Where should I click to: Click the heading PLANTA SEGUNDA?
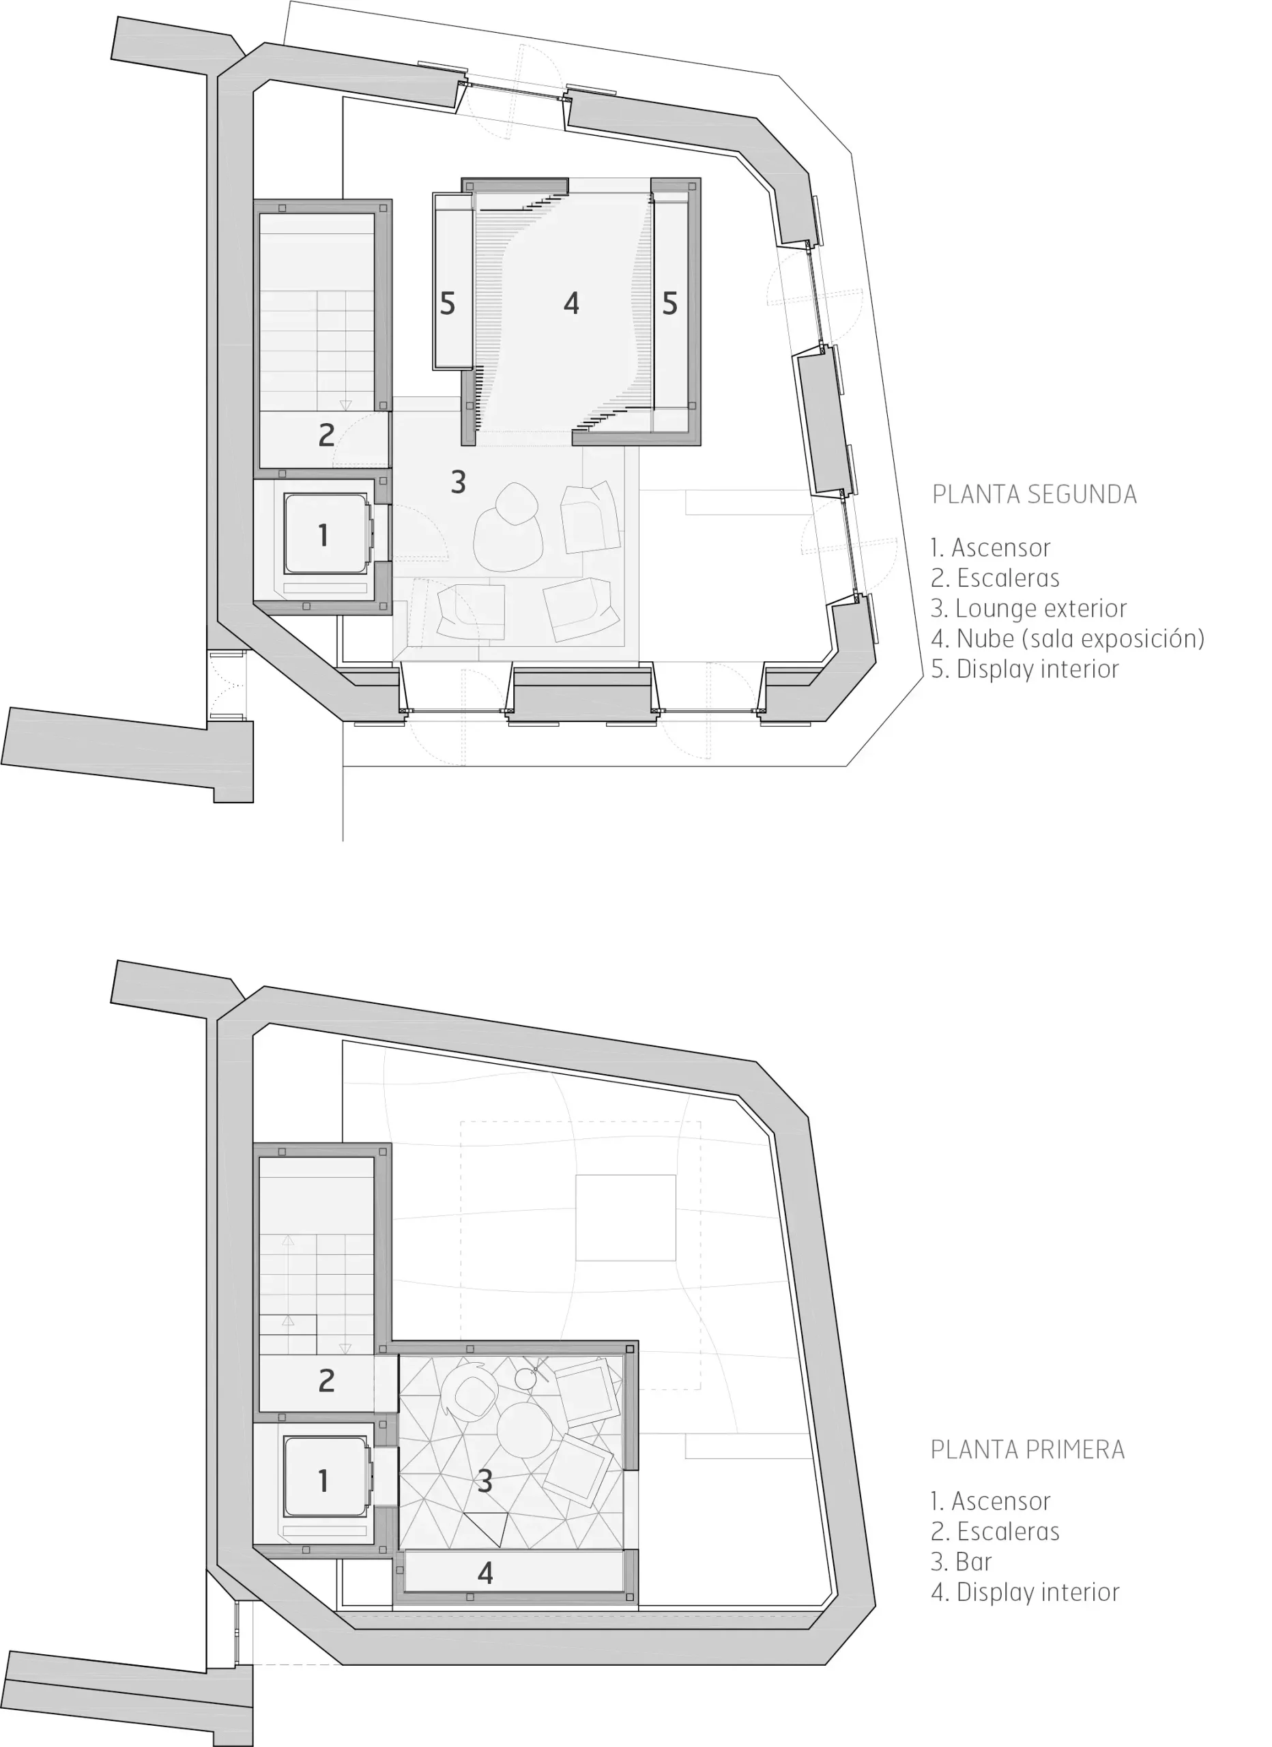point(1034,494)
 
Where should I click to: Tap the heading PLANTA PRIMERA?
point(1028,1449)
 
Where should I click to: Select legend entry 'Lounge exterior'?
point(1028,609)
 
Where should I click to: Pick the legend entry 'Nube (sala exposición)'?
point(1067,639)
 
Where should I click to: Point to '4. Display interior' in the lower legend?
point(1025,1592)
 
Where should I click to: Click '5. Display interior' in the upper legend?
point(1025,669)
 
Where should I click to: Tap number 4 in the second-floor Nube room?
point(571,304)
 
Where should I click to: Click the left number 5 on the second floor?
point(448,304)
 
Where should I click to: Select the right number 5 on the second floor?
point(670,304)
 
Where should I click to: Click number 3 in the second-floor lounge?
point(459,482)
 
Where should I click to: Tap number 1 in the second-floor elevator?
point(323,535)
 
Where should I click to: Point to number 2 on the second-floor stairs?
point(327,436)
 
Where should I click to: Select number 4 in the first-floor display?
point(485,1573)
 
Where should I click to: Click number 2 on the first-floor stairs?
point(327,1382)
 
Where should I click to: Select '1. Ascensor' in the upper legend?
point(990,548)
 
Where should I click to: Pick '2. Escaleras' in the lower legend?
point(995,1531)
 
